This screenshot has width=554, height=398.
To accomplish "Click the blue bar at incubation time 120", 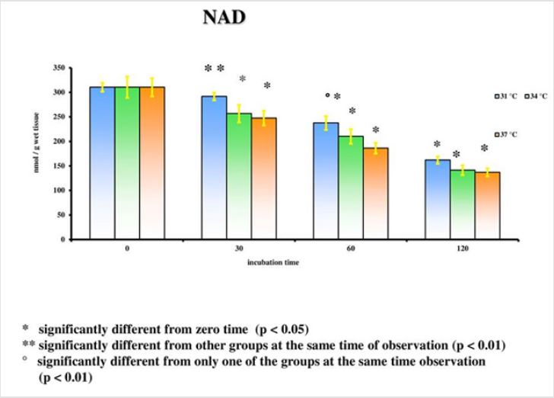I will point(437,199).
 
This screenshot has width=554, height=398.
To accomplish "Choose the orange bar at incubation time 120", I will point(487,205).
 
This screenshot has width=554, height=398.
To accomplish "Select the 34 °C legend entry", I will point(536,96).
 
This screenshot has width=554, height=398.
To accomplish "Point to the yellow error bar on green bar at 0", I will point(127,86).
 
